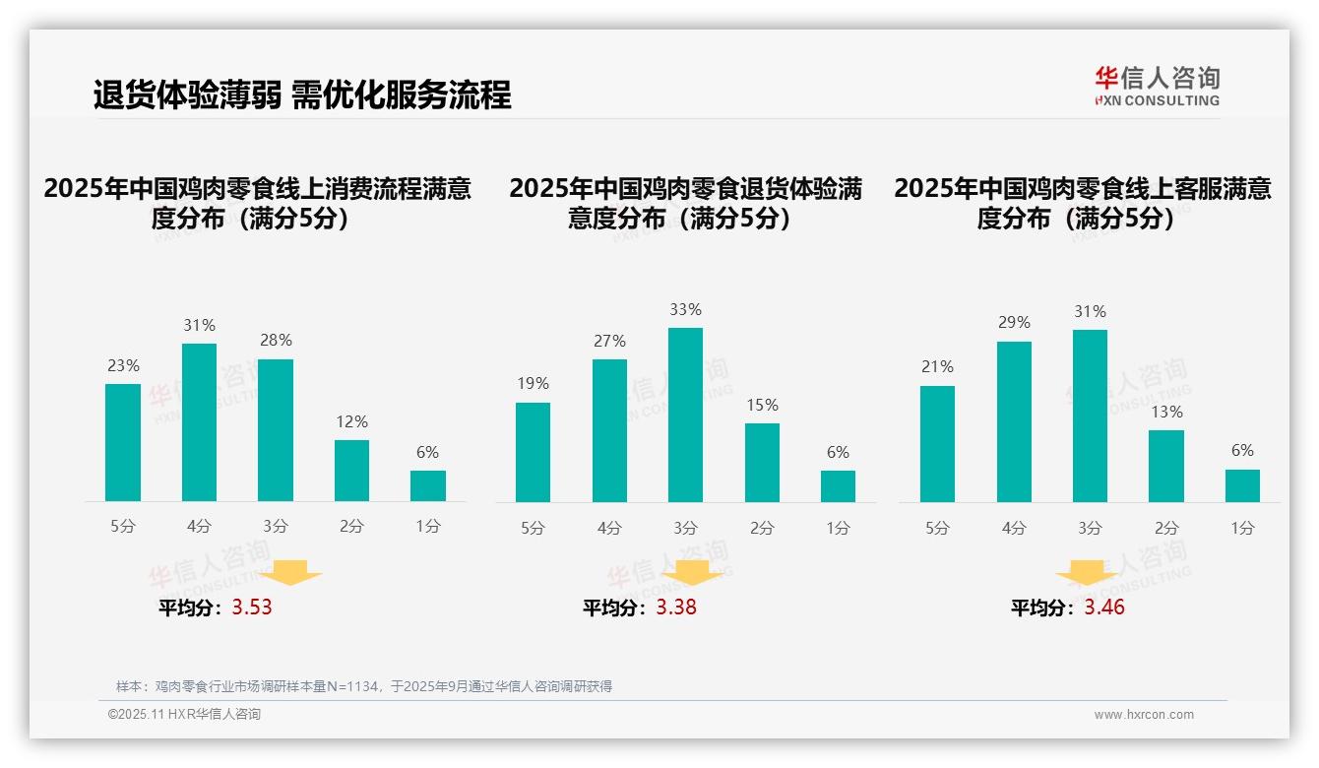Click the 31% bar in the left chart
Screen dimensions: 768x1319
pyautogui.click(x=199, y=422)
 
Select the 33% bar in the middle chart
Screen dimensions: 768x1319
pyautogui.click(x=685, y=415)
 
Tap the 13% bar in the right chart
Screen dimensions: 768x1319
pyautogui.click(x=1166, y=466)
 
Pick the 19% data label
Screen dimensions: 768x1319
pyautogui.click(x=533, y=383)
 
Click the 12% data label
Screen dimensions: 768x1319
pyautogui.click(x=351, y=421)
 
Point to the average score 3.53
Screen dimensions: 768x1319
pyautogui.click(x=252, y=607)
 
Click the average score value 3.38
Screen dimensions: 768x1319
pyautogui.click(x=676, y=607)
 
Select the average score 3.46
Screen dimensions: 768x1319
pyautogui.click(x=1104, y=607)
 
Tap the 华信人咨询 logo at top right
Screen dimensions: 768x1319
pyautogui.click(x=1157, y=86)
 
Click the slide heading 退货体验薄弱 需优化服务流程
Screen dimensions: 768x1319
pyautogui.click(x=302, y=96)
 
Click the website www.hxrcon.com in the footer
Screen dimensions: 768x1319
pyautogui.click(x=1144, y=715)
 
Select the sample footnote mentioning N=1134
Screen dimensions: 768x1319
pyautogui.click(x=364, y=686)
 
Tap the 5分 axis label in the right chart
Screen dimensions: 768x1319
pyautogui.click(x=937, y=528)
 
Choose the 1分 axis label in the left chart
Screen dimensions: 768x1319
pyautogui.click(x=428, y=526)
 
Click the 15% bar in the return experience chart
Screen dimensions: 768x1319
pyautogui.click(x=762, y=463)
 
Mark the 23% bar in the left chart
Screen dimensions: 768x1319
pyautogui.click(x=123, y=442)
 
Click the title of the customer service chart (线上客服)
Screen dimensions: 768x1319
pyautogui.click(x=1082, y=203)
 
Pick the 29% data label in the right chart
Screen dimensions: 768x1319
pyautogui.click(x=1014, y=322)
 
